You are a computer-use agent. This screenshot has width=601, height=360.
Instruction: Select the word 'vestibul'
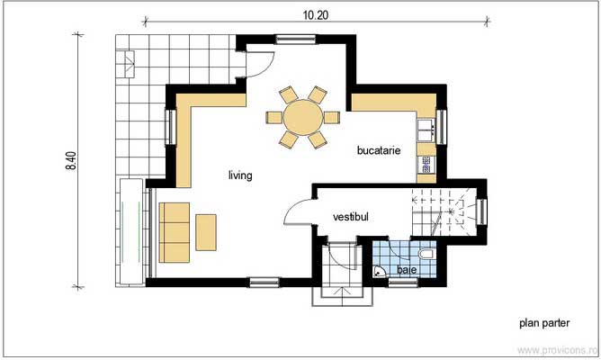[x=351, y=217]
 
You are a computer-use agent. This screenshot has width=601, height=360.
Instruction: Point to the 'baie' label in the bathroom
[x=407, y=269]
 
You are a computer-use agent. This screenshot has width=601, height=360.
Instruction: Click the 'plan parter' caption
[x=545, y=321]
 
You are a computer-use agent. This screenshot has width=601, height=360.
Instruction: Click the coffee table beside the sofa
[x=207, y=232]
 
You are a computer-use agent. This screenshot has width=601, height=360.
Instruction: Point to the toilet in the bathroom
[x=427, y=255]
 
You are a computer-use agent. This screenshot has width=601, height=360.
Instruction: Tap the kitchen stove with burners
[x=426, y=165]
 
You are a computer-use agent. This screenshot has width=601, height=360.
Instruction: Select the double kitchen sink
[x=426, y=131]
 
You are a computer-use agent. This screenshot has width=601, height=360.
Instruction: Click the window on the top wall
[x=290, y=39]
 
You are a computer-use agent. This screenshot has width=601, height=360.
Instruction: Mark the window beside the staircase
[x=483, y=212]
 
